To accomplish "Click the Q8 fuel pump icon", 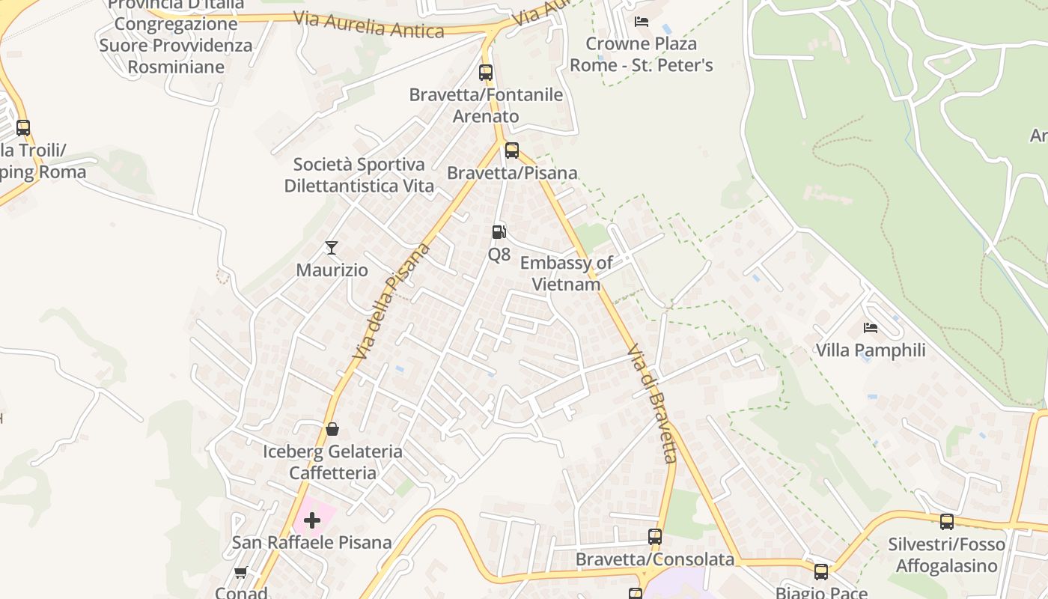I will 499,232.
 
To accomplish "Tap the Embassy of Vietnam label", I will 566,273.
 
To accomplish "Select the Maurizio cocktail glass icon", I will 332,247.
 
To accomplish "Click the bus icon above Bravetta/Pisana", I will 512,150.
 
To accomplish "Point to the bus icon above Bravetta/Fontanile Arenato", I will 486,73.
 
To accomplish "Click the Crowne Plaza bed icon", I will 641,21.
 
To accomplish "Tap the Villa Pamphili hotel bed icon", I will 870,328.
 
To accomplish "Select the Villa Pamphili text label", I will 871,350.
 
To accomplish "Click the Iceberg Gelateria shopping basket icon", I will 332,429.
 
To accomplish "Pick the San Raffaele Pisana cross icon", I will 312,520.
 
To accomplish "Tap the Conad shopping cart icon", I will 240,573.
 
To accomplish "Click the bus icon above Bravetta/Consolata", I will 655,536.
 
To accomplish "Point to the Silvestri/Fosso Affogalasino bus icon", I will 947,521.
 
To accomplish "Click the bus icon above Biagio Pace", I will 821,572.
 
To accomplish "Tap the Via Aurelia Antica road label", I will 369,25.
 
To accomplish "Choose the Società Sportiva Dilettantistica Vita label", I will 359,174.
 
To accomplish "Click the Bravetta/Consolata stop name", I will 655,559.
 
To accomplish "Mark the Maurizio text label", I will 332,270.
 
